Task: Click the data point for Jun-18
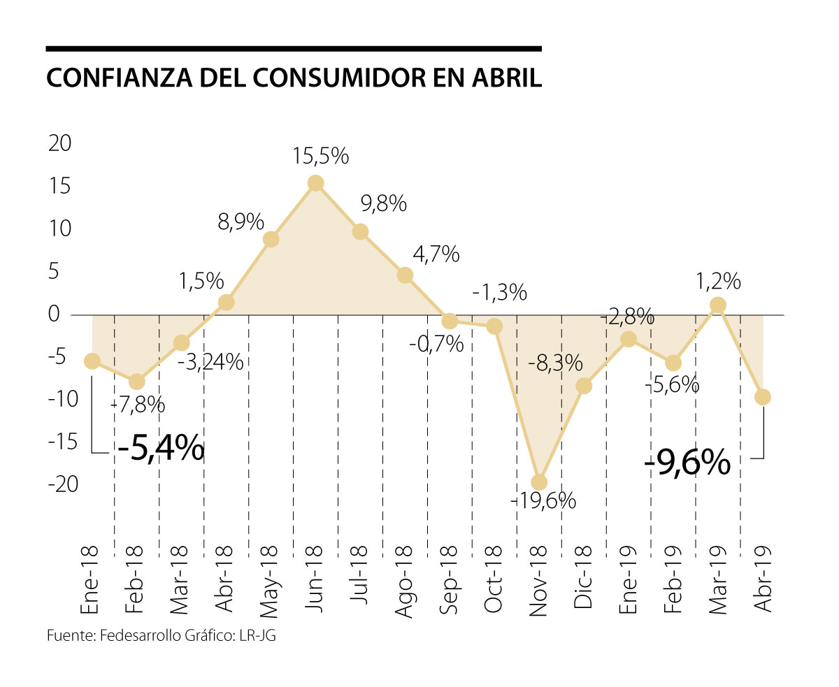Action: tap(315, 183)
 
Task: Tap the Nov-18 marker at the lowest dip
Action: tap(539, 482)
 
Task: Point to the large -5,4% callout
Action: tap(161, 447)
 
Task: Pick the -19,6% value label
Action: tap(544, 500)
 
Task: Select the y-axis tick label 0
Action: tap(54, 314)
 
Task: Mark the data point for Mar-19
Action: tap(718, 305)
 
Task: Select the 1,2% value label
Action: tap(718, 281)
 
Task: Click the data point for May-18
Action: tap(271, 240)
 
